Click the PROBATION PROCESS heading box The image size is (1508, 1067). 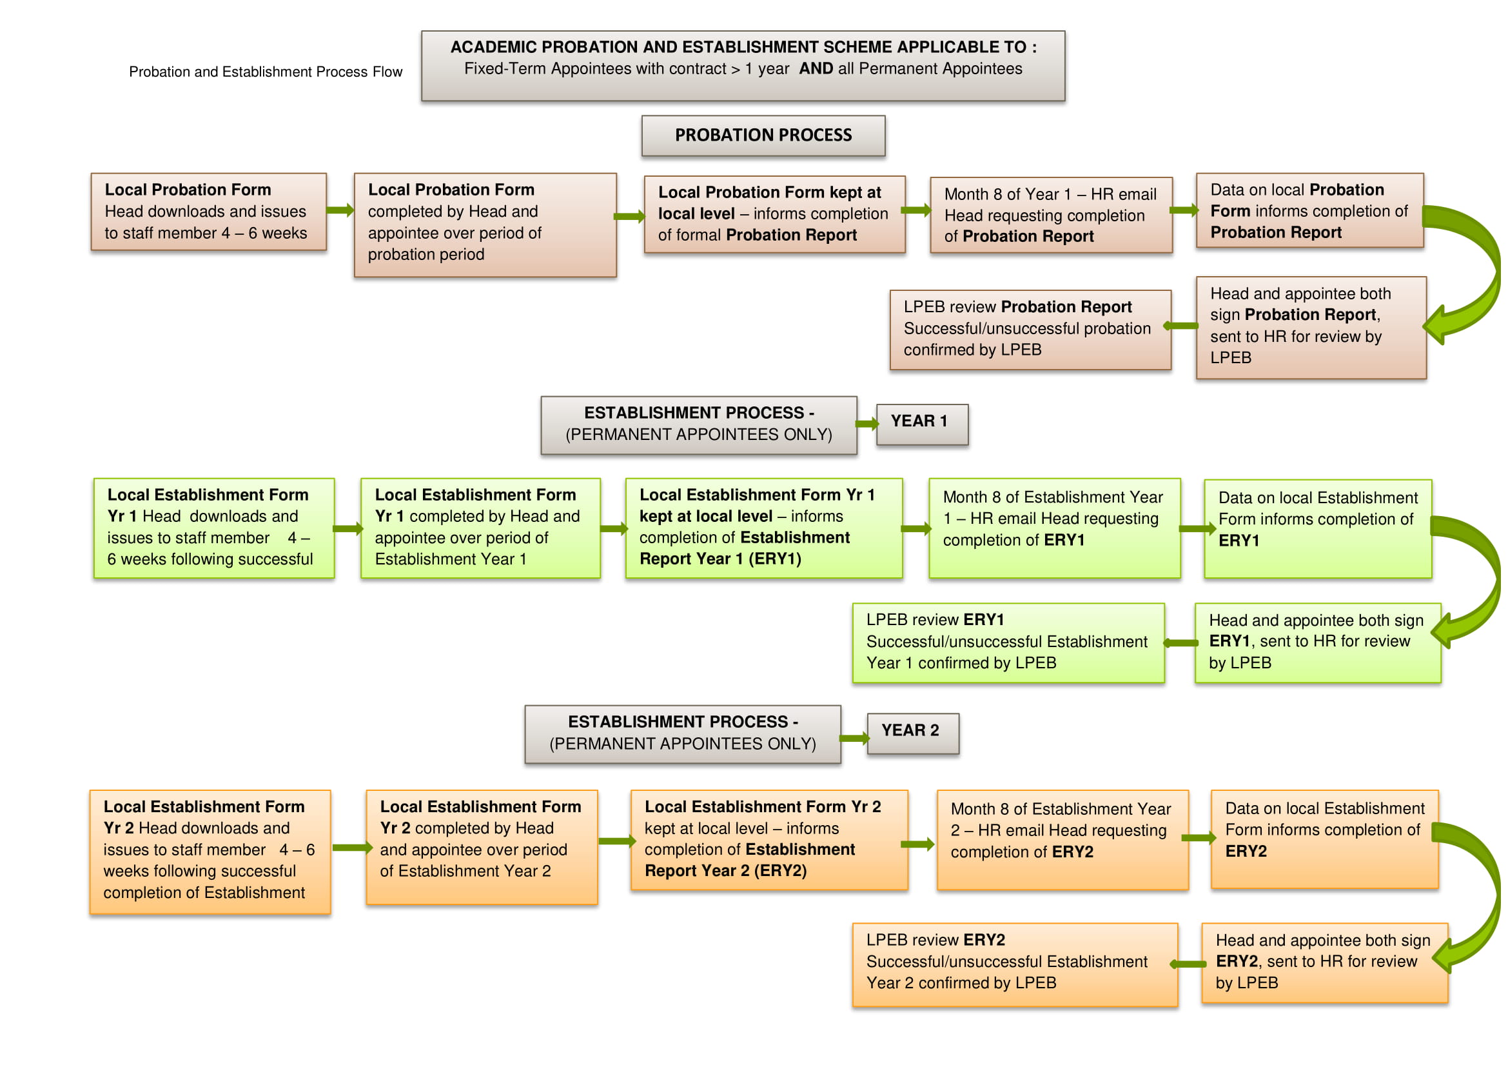(763, 136)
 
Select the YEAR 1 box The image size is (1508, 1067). (922, 424)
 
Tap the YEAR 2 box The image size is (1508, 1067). (913, 734)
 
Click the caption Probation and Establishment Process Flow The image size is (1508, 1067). (266, 72)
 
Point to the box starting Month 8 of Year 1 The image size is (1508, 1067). (1051, 215)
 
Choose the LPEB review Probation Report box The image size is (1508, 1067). (1030, 329)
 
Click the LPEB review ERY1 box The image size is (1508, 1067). (1008, 643)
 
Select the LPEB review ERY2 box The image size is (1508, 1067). (1015, 964)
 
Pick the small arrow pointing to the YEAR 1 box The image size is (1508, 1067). (867, 424)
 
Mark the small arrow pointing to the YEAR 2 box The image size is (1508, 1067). (854, 739)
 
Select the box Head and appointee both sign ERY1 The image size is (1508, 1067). (1318, 643)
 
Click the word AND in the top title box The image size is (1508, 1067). (816, 69)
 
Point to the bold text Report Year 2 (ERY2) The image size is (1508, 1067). (725, 871)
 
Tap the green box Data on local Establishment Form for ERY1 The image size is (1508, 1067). (1318, 529)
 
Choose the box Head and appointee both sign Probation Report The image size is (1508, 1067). (1311, 327)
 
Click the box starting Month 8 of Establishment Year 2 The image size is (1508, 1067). (1062, 840)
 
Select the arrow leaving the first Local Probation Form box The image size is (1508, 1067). (340, 210)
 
